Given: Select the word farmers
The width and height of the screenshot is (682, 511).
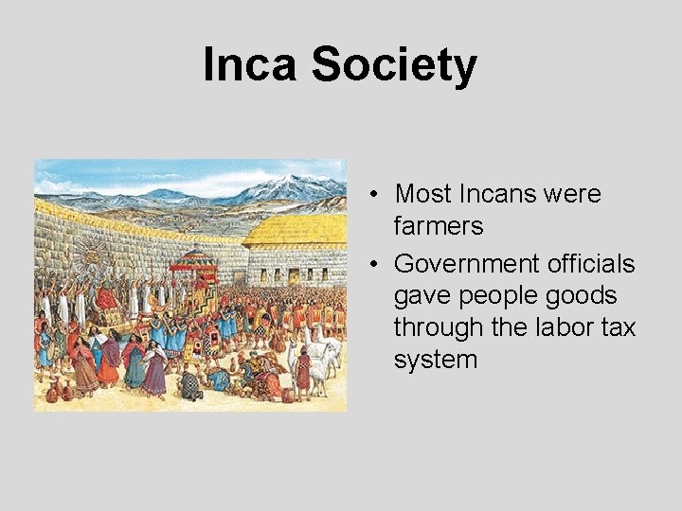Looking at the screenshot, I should (x=439, y=226).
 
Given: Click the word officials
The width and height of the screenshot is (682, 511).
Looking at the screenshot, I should (x=588, y=262).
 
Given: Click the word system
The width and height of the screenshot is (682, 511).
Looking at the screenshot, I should (x=436, y=360).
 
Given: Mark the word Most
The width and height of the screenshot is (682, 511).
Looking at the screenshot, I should (x=422, y=194).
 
